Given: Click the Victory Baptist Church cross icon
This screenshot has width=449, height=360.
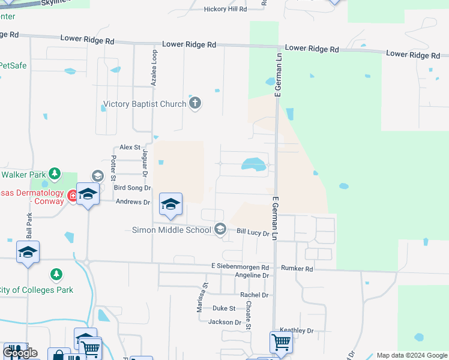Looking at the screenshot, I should [x=194, y=104].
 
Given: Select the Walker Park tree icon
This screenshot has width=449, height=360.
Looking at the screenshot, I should [x=55, y=174].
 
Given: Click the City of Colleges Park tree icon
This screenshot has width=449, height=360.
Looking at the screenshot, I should [x=56, y=275].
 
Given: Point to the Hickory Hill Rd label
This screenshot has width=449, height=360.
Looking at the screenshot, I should [x=225, y=9].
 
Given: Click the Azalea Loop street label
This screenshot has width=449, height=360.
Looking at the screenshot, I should [x=154, y=68].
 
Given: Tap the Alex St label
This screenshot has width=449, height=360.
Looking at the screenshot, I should [x=130, y=147].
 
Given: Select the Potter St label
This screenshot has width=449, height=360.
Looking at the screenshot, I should [x=113, y=167].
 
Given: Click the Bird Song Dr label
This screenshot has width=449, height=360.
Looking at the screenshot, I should [x=131, y=188].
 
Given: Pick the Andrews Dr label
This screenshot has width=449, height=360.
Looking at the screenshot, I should [x=133, y=202].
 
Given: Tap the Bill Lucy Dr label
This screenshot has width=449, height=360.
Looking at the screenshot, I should [x=253, y=232].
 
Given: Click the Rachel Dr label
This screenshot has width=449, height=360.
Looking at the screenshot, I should [x=253, y=295].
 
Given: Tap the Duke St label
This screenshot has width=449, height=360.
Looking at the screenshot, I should [x=224, y=308].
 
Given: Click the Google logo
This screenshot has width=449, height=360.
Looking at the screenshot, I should [x=20, y=353].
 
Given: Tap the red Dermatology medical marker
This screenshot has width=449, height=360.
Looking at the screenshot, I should [x=73, y=196].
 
